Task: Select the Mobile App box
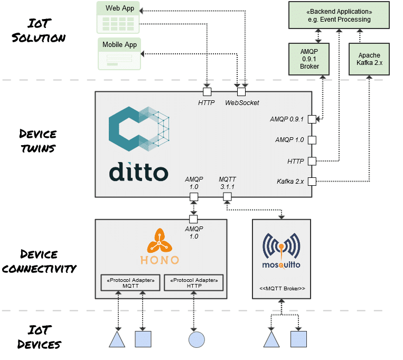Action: [119, 53]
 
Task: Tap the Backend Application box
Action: [339, 15]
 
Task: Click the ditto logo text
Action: [139, 172]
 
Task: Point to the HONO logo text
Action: [160, 260]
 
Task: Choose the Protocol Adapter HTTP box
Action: [194, 282]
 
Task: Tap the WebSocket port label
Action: [242, 102]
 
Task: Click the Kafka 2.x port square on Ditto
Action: [312, 182]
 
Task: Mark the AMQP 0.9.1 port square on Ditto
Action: [312, 119]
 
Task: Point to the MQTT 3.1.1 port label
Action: [227, 183]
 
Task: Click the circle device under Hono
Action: [196, 339]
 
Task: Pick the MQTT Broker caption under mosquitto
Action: [282, 289]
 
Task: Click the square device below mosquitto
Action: [298, 339]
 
